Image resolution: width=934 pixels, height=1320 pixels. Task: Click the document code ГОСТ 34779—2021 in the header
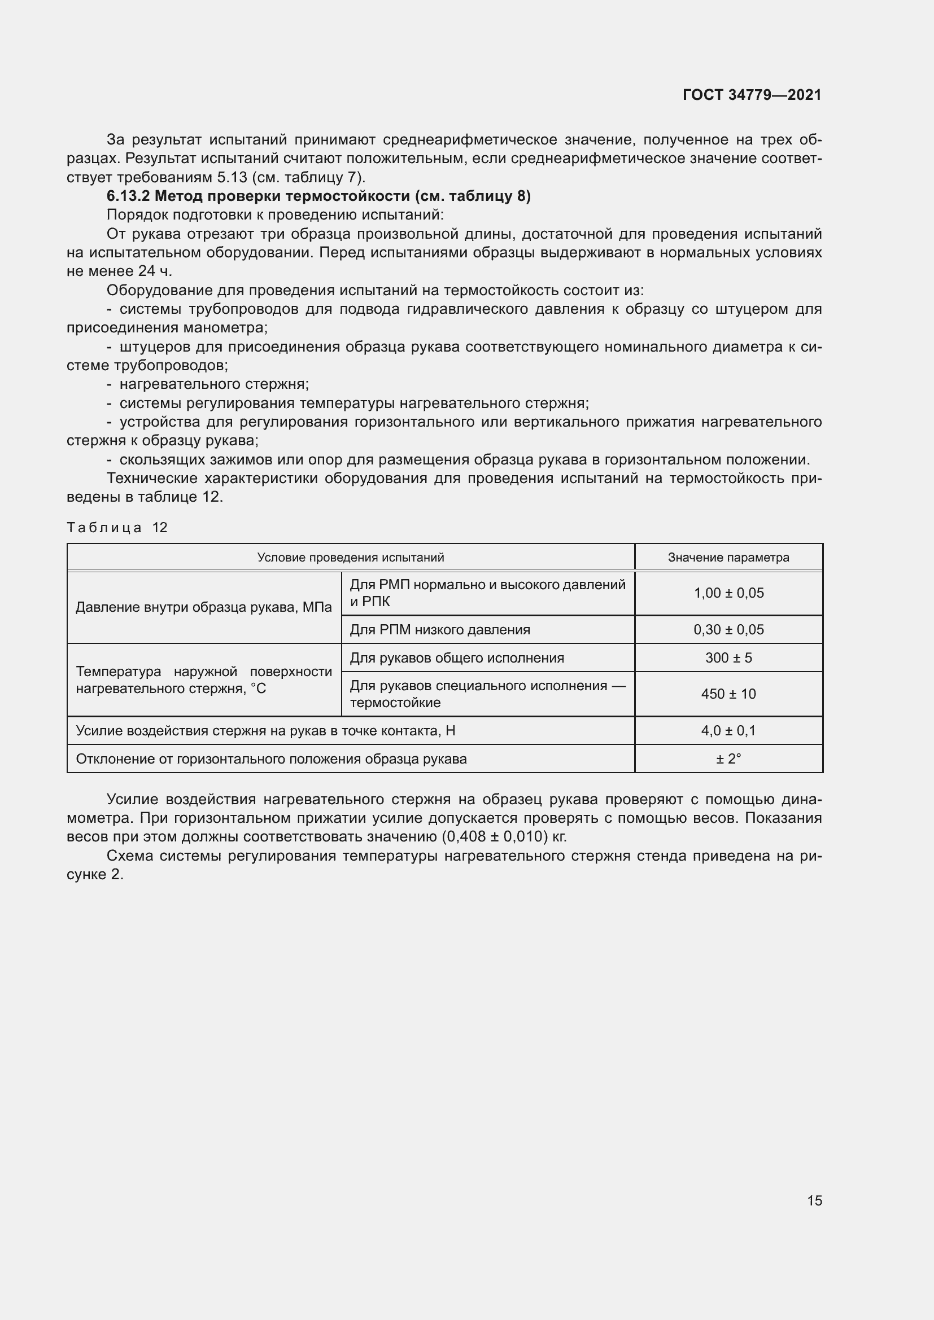click(x=752, y=95)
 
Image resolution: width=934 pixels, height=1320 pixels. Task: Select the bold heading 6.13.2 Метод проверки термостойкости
click(x=318, y=196)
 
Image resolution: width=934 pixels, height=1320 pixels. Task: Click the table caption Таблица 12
click(x=117, y=527)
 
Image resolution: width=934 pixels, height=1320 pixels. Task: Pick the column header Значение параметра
click(x=728, y=557)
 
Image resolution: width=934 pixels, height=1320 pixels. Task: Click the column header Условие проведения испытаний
click(x=350, y=557)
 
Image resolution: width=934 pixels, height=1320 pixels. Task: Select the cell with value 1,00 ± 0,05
click(x=728, y=593)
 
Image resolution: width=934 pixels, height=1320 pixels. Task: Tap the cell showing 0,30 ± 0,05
click(x=728, y=630)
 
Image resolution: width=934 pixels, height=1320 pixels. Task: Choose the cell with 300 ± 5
click(x=728, y=657)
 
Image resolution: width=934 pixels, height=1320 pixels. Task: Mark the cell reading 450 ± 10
click(x=728, y=694)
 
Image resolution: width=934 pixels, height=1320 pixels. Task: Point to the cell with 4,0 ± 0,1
click(x=728, y=731)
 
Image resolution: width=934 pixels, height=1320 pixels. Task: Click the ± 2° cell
click(x=728, y=759)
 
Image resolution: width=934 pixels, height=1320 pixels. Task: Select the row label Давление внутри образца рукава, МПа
click(x=204, y=607)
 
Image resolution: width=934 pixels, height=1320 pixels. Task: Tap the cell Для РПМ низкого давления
click(x=440, y=630)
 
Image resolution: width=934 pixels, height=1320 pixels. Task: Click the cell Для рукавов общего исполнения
click(x=457, y=657)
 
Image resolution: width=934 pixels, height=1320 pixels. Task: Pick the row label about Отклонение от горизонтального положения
click(x=271, y=759)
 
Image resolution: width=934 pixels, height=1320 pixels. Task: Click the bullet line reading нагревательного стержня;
click(x=214, y=384)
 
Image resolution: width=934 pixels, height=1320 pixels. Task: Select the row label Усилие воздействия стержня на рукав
click(x=265, y=731)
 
